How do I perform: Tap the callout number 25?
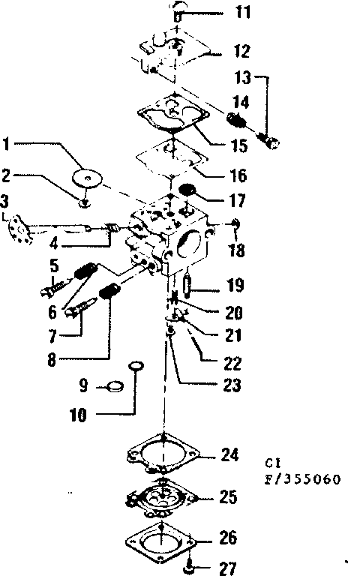click(x=229, y=496)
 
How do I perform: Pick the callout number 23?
click(x=232, y=385)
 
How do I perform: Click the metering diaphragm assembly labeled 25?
click(x=160, y=497)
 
